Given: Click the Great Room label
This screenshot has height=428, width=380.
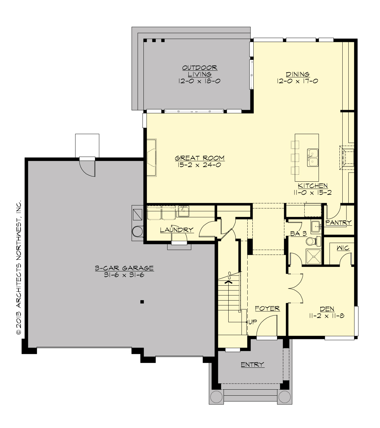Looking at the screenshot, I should click(x=199, y=158).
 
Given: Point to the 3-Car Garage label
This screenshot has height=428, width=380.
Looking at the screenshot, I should click(x=124, y=268).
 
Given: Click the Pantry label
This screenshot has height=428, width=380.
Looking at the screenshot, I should click(x=339, y=223).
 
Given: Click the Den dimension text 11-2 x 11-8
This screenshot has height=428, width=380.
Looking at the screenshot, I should click(x=327, y=316).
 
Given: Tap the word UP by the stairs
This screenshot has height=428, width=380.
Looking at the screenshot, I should click(x=252, y=322).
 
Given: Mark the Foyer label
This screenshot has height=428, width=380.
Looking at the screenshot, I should click(x=268, y=308).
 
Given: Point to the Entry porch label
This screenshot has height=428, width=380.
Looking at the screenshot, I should click(x=252, y=365).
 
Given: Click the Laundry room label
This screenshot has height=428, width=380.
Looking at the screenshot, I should click(x=176, y=230).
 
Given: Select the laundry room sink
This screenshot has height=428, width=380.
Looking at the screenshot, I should click(x=183, y=210).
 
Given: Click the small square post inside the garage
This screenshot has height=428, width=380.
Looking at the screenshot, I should click(x=142, y=302).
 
